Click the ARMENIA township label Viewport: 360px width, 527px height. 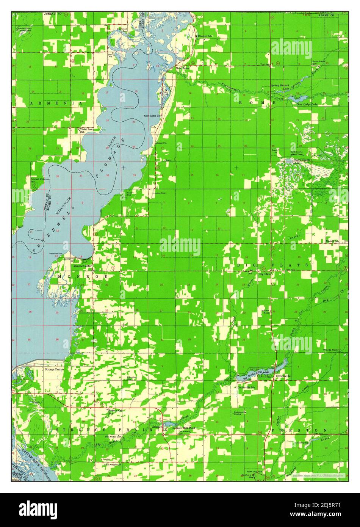click(x=57, y=103)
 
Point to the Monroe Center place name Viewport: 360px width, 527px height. click(x=82, y=266)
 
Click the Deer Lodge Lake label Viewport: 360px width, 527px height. click(x=307, y=104)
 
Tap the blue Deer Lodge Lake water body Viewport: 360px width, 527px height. click(x=295, y=98)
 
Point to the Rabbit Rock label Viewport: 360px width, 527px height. click(x=265, y=311)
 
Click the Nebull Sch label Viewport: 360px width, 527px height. click(x=332, y=241)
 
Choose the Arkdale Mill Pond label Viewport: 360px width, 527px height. click(x=183, y=428)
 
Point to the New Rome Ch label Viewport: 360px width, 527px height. click(x=152, y=116)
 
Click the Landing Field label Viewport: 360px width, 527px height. click(x=159, y=193)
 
